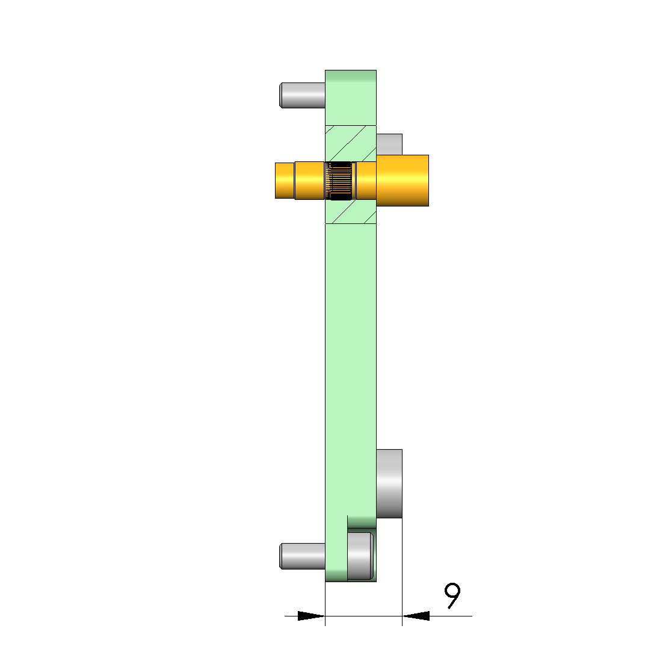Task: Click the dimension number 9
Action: (452, 595)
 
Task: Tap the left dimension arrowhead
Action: (311, 616)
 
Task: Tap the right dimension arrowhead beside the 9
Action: (416, 616)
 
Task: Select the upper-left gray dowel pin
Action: (302, 95)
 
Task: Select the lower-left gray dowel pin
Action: (302, 556)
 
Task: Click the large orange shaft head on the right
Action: (403, 181)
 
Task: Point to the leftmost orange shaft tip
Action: (285, 181)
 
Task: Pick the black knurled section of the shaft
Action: (341, 181)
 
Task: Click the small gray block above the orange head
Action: (389, 144)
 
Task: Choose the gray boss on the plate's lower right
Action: (389, 483)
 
